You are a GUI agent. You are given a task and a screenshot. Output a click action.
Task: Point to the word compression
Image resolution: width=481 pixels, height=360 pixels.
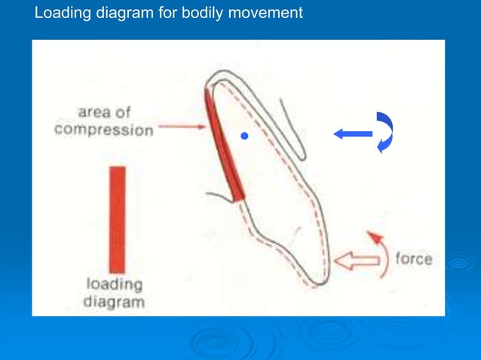104,130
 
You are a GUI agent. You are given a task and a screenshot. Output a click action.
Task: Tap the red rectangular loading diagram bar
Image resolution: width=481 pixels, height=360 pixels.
117,219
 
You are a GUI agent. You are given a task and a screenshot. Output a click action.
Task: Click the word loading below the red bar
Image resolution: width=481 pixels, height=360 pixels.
115,285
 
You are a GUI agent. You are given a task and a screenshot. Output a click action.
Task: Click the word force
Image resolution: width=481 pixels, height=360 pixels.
414,259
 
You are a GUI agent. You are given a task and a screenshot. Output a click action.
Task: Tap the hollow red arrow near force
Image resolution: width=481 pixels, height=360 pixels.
357,261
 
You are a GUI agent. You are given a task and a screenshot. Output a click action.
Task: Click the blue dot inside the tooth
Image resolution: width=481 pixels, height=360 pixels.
244,136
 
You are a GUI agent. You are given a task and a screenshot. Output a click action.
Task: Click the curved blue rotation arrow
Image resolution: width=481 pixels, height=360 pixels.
384,133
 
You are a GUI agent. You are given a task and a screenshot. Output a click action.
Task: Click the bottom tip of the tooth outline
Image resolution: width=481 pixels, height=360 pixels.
323,282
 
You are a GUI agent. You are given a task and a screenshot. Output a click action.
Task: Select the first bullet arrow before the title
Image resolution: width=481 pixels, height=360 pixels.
23,13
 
